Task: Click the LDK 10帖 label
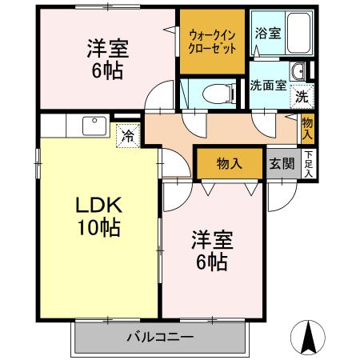click(x=98, y=216)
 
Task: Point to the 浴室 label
click(x=267, y=33)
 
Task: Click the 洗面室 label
click(x=267, y=86)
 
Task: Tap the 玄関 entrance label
click(x=282, y=164)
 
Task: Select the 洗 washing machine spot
click(x=302, y=96)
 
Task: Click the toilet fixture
click(x=213, y=92)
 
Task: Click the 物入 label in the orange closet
click(x=230, y=164)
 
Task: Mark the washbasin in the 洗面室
click(x=298, y=70)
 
